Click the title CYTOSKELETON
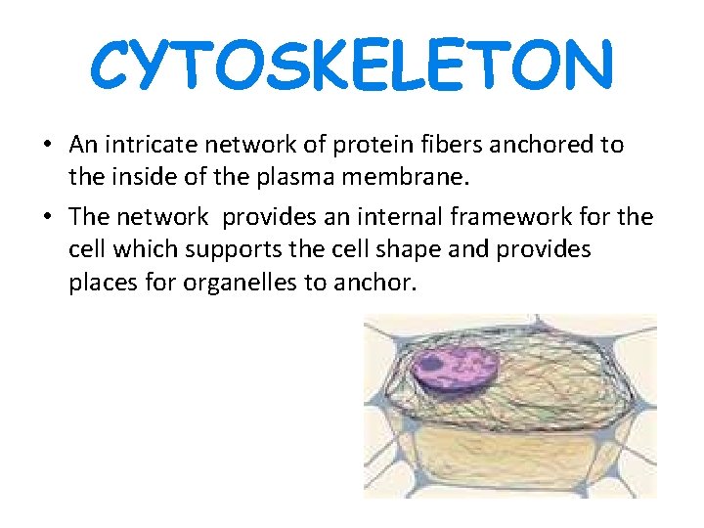pos(352,64)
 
